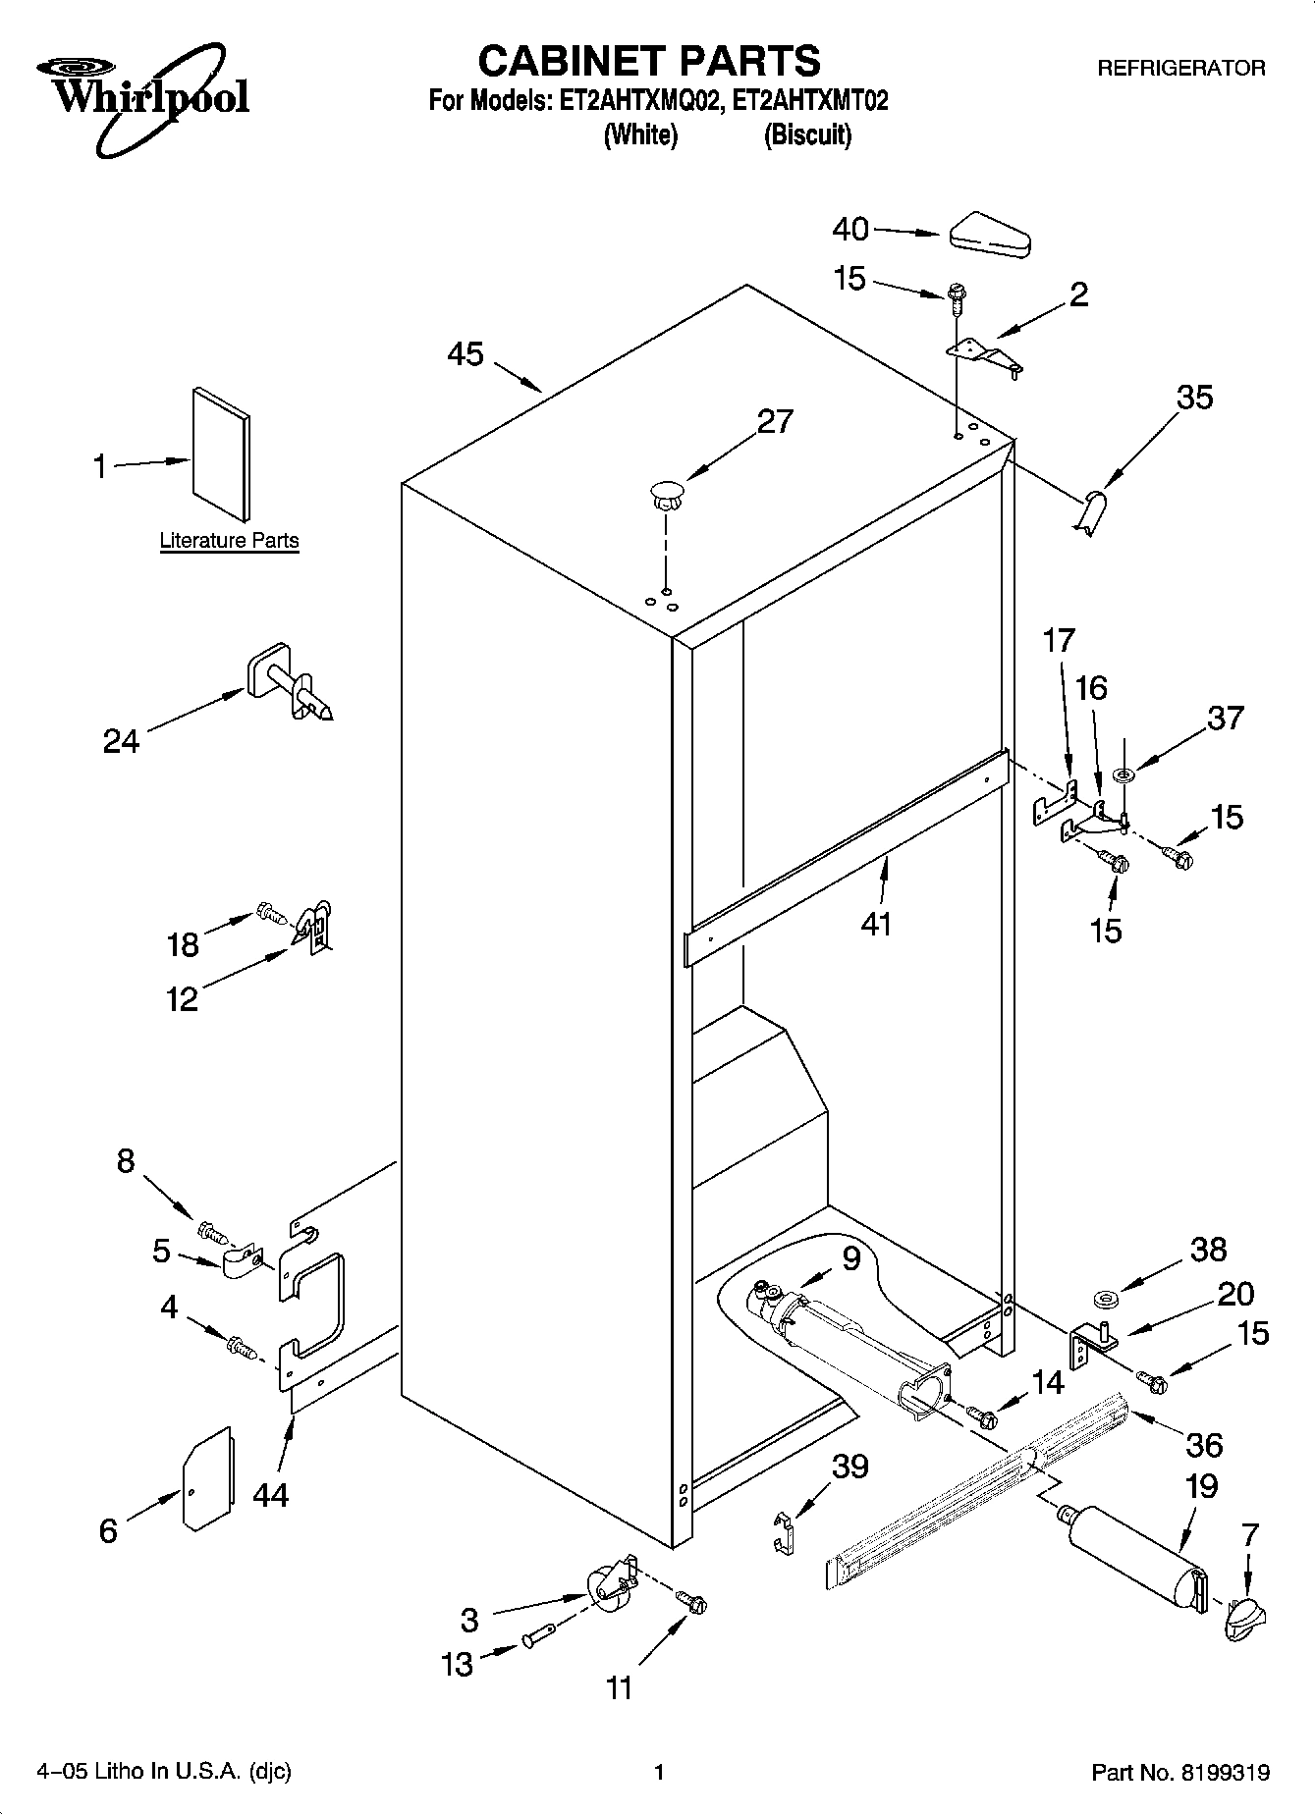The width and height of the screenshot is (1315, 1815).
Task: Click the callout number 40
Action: pyautogui.click(x=850, y=230)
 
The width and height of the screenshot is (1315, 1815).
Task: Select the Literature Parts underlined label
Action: pyautogui.click(x=229, y=541)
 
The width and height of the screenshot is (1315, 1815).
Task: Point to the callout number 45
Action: pyautogui.click(x=466, y=354)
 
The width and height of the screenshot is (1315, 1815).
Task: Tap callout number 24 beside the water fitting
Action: pyautogui.click(x=122, y=741)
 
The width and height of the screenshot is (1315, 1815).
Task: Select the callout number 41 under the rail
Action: pyautogui.click(x=875, y=924)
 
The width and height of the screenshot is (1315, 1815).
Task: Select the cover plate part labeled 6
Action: pyautogui.click(x=207, y=1478)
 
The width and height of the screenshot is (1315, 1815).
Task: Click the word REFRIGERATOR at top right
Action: pyautogui.click(x=1180, y=69)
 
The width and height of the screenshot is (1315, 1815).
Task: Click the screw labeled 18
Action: pyautogui.click(x=270, y=913)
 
